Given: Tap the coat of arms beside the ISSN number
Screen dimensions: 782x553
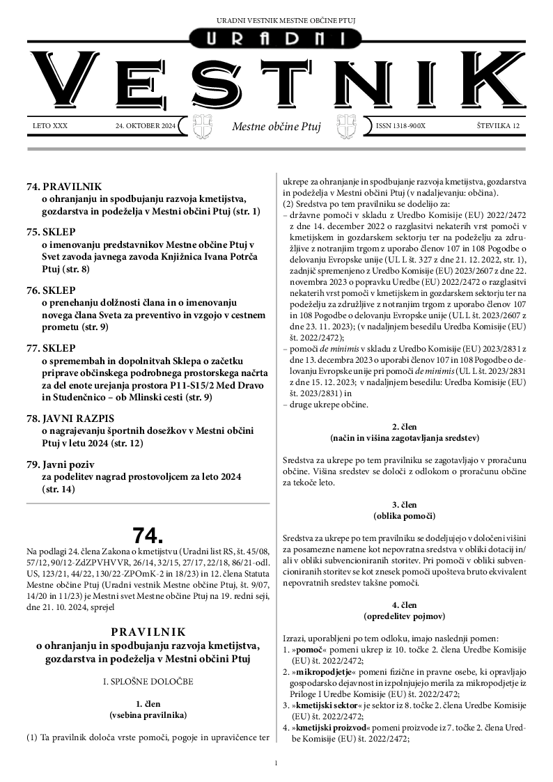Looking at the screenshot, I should pos(346,125).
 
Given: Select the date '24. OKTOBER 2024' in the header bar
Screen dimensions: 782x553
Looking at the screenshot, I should pos(146,126).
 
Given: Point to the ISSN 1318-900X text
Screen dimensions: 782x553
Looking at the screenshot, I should pos(400,126).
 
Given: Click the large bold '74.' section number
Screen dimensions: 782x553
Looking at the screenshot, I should pos(148,535).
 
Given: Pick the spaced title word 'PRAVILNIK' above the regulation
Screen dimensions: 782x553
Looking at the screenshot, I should pos(148,632).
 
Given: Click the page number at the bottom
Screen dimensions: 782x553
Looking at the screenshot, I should pos(276,763).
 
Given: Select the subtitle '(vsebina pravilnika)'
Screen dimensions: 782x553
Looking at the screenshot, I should pos(148,715).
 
